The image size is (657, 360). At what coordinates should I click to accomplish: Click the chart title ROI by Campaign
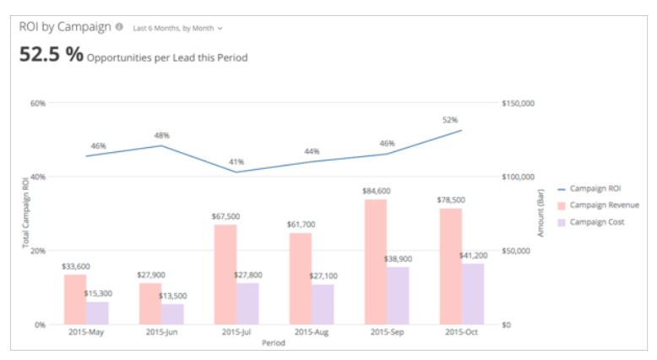(x=65, y=27)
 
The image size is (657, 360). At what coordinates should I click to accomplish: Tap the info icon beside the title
(x=119, y=27)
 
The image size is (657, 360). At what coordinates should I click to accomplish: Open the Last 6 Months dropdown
(x=177, y=28)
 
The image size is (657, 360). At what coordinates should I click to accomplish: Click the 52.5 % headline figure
(x=52, y=55)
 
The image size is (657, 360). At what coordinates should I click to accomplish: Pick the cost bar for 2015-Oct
(x=473, y=293)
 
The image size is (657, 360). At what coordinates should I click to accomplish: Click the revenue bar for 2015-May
(x=74, y=299)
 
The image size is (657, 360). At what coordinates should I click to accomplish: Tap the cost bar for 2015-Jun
(x=172, y=314)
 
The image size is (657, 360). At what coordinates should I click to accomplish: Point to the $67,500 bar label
(x=225, y=216)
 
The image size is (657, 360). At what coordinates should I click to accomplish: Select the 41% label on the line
(x=236, y=161)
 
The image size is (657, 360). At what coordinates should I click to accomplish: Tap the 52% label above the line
(x=450, y=120)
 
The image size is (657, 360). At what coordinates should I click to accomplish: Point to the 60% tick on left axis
(x=37, y=103)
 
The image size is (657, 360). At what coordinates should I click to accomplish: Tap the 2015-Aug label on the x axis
(x=311, y=333)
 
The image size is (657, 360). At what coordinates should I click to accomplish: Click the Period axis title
(x=273, y=343)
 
